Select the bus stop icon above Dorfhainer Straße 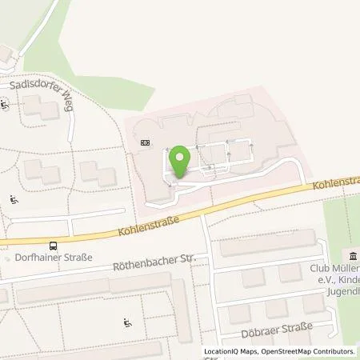53,246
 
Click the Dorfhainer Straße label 54,258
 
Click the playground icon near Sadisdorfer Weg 5,102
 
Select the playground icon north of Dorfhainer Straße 14,200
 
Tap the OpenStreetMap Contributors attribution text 313,351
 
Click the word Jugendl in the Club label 344,293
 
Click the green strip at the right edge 342,216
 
